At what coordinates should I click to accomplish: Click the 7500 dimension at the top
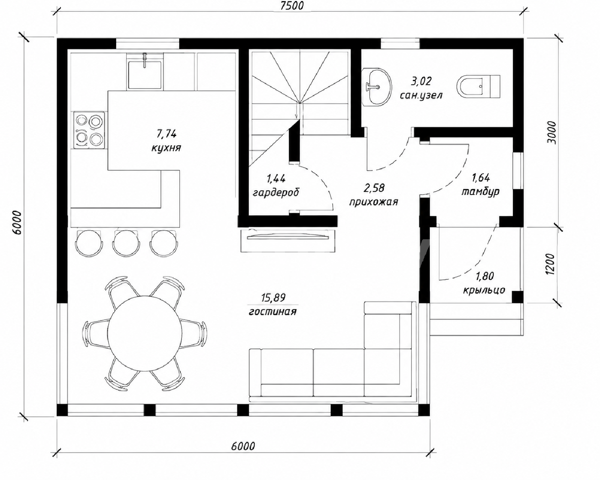[x=292, y=6]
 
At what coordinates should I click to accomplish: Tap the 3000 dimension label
[x=552, y=132]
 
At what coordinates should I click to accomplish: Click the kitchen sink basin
[x=145, y=75]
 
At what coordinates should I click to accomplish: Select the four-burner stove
[x=89, y=130]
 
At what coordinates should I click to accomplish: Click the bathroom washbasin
[x=377, y=87]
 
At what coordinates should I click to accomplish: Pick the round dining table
[x=145, y=333]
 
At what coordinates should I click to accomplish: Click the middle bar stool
[x=126, y=243]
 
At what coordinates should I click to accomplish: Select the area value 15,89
[x=273, y=298]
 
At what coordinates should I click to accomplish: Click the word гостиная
[x=272, y=312]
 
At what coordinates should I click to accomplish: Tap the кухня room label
[x=166, y=148]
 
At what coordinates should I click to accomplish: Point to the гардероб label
[x=276, y=193]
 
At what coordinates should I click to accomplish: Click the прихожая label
[x=373, y=202]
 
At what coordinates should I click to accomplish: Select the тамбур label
[x=480, y=192]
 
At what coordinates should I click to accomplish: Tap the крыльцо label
[x=484, y=290]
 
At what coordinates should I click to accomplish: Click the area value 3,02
[x=421, y=81]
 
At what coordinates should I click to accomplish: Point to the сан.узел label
[x=421, y=96]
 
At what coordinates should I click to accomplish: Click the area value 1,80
[x=484, y=276]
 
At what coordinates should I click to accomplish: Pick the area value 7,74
[x=166, y=134]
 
